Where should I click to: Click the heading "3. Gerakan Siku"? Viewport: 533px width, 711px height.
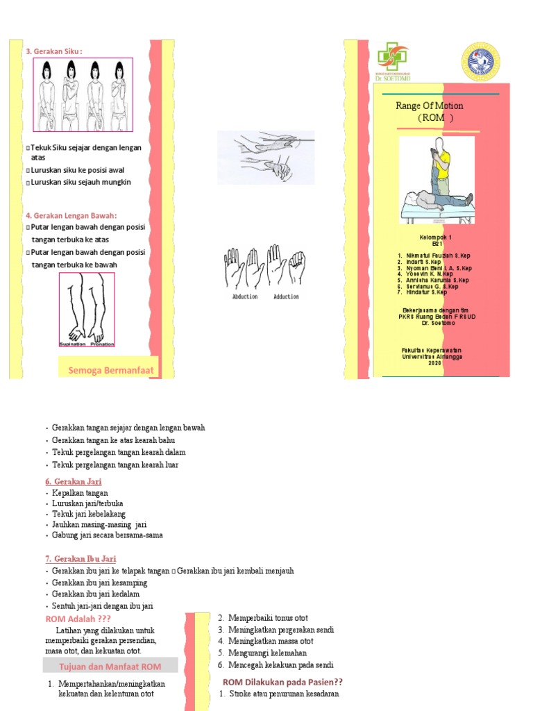coord(54,51)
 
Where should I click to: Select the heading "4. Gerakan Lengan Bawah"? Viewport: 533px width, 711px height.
coord(71,215)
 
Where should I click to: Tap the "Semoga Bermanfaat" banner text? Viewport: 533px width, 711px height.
coord(110,370)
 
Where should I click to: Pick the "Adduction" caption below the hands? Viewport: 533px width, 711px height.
coord(286,296)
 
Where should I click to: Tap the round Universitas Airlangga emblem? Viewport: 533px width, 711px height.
coord(480,60)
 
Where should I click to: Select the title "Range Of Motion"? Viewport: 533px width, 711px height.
coord(429,106)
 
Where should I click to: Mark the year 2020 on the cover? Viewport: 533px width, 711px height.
coord(434,363)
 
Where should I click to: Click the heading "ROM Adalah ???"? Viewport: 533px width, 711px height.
coord(78,619)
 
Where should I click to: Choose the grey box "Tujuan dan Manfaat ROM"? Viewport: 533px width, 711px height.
coord(111,667)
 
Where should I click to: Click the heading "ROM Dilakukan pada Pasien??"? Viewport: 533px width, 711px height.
coord(282,682)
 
